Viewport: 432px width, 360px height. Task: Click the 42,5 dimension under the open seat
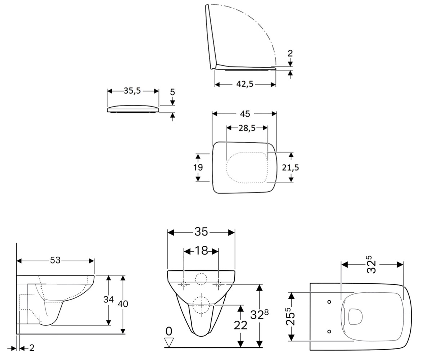tap(245, 84)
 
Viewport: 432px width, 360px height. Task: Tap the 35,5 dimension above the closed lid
tap(132, 91)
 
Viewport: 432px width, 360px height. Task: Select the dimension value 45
tap(245, 114)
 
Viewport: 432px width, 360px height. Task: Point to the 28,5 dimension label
tap(247, 128)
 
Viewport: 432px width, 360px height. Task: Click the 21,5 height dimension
tap(291, 167)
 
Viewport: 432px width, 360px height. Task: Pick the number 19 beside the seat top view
tap(198, 167)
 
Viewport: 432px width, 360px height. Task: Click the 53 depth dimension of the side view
tap(55, 260)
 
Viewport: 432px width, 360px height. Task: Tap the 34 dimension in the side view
tap(108, 300)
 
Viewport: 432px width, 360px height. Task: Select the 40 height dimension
tap(123, 304)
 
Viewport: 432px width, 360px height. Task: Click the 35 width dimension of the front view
tap(201, 232)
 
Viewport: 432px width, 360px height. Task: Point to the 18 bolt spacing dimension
tap(201, 251)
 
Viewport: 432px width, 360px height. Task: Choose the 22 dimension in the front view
tap(240, 325)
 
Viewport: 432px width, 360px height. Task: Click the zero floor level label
tap(169, 331)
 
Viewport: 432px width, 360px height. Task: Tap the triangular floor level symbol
tap(169, 342)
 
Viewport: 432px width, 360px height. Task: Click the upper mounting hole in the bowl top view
tap(329, 302)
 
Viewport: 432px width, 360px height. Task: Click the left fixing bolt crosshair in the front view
tap(184, 284)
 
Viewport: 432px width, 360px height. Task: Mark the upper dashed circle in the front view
tap(201, 279)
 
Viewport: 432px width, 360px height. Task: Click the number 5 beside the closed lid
tap(172, 92)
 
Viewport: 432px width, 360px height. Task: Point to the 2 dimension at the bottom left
tap(31, 348)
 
